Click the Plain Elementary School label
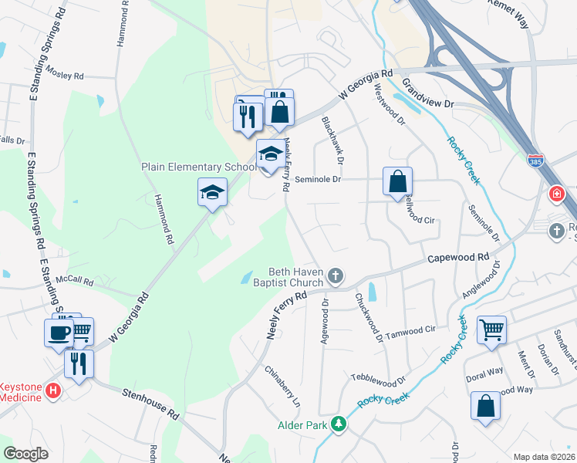click(198, 167)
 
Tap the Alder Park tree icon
click(338, 424)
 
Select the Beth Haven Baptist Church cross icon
click(335, 275)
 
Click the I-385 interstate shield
click(535, 161)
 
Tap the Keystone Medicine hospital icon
click(53, 391)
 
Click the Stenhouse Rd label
click(150, 404)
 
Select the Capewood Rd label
click(460, 259)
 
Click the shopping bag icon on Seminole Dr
click(397, 183)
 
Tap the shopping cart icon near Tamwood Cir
click(491, 330)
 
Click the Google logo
click(26, 454)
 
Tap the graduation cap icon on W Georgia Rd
click(213, 193)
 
